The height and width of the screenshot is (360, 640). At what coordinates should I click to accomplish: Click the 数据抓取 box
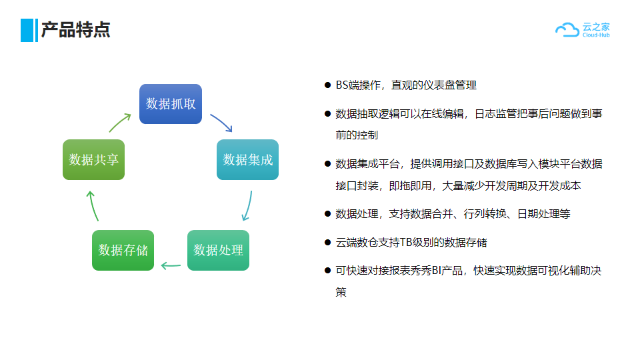point(171,104)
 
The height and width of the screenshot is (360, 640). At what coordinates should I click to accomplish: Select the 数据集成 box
point(248,159)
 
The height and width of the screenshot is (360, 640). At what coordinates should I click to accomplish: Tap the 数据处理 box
point(219,250)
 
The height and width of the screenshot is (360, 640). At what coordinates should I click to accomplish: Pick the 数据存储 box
point(123,250)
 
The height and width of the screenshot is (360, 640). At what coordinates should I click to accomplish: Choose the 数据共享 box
point(93,159)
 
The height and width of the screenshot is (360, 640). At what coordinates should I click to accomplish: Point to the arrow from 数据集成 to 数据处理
point(249,206)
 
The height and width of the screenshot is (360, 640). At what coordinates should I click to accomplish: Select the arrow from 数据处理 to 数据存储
point(171,266)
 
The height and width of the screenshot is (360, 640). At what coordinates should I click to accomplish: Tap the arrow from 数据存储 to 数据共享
point(93,206)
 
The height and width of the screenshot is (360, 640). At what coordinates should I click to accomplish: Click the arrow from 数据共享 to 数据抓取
point(119,122)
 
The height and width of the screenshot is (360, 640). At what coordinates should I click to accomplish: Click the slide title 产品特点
point(76,30)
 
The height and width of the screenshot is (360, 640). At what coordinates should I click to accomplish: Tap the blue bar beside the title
point(29,30)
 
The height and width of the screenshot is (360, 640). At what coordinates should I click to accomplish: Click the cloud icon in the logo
point(567,30)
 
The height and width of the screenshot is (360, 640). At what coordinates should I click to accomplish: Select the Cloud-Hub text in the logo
point(596,35)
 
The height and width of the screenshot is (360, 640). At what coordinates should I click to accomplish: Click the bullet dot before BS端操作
point(327,85)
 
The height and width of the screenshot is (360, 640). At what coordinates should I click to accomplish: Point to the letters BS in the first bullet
point(342,85)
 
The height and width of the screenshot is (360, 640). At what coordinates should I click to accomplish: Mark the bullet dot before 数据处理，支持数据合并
point(327,213)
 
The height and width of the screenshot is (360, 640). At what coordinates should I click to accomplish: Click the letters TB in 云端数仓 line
point(406,243)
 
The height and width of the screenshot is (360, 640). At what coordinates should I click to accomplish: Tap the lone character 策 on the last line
point(341,292)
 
